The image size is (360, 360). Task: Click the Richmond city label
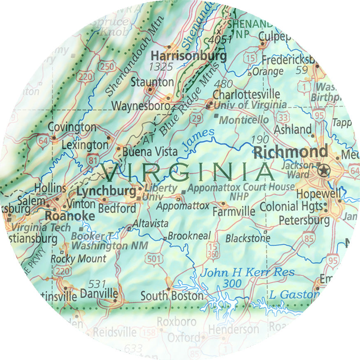tap(291, 152)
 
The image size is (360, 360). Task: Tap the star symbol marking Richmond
tap(325, 169)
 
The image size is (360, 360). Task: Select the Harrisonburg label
tap(189, 55)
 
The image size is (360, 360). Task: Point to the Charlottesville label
tap(246, 94)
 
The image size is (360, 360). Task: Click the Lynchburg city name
tap(106, 191)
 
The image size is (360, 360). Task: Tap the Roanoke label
tap(70, 216)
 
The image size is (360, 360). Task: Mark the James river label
tap(198, 138)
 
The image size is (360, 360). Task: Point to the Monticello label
tap(244, 120)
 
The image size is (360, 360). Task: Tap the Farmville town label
tap(234, 212)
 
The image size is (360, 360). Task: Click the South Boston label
tap(172, 296)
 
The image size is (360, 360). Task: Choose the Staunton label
tap(152, 82)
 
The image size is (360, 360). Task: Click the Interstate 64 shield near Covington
tap(42, 141)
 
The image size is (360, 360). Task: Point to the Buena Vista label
tap(150, 152)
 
